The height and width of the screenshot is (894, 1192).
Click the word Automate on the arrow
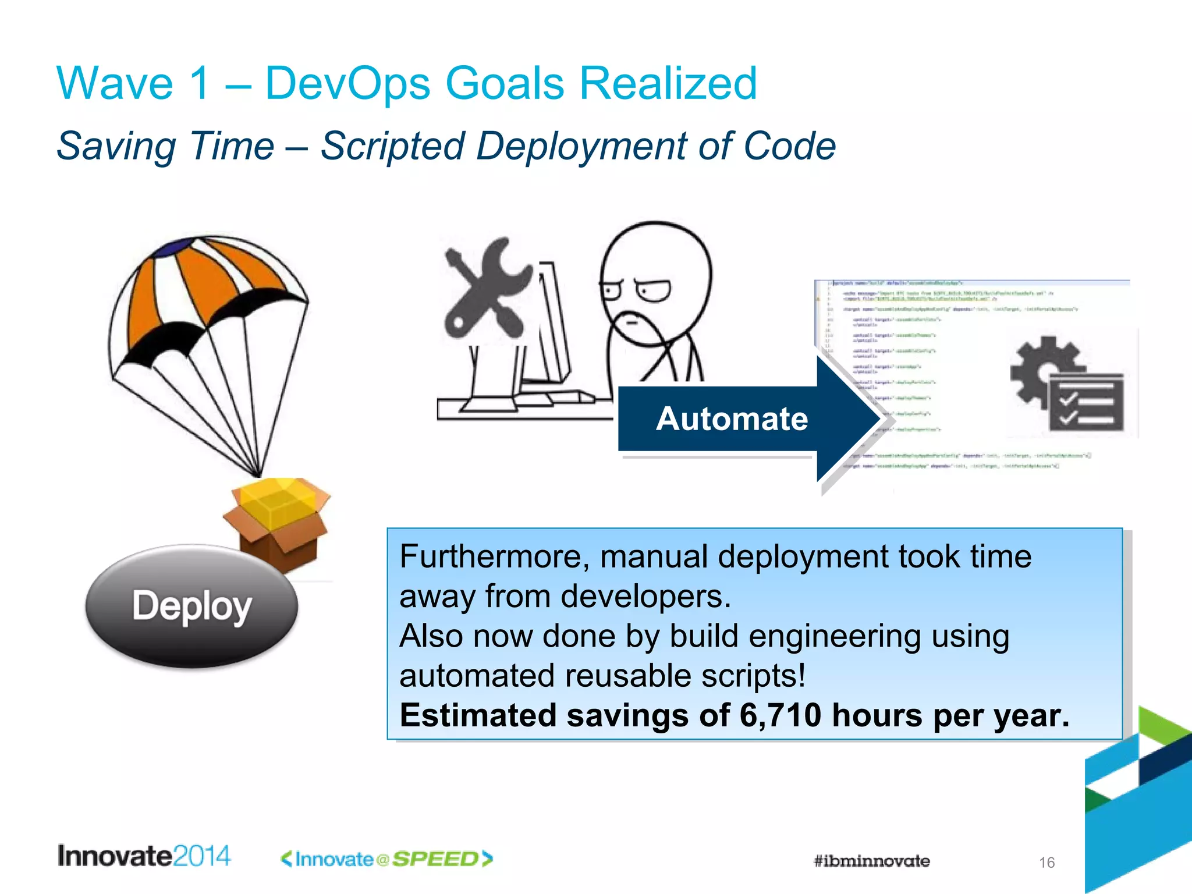732,419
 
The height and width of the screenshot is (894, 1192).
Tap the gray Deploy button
191,606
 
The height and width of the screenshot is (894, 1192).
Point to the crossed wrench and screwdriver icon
486,288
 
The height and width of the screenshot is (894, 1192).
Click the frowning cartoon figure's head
655,279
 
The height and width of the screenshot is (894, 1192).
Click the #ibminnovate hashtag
871,861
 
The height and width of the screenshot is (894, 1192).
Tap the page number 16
1046,863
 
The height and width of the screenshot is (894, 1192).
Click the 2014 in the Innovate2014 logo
201,856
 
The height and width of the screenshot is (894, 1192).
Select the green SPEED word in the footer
435,859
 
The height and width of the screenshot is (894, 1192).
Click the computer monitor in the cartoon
550,326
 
